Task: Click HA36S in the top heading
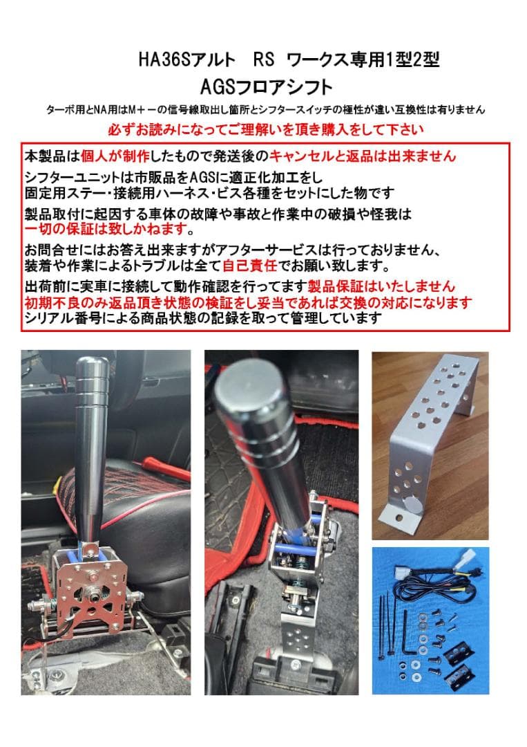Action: click(x=162, y=60)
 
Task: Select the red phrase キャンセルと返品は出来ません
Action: click(x=363, y=156)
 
